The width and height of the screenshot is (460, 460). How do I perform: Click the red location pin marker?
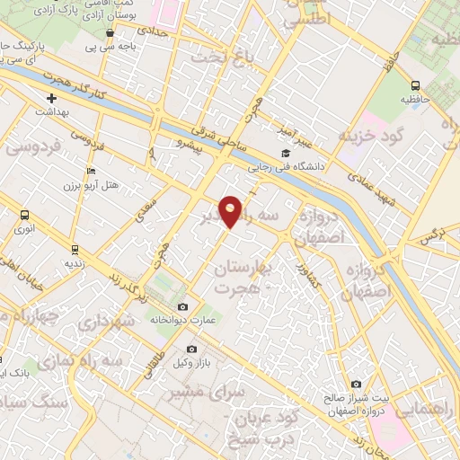(231, 211)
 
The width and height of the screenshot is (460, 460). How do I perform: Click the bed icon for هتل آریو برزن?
(90, 170)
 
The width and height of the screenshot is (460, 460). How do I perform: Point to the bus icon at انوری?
(24, 216)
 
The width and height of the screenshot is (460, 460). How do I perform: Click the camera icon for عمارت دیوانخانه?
(183, 307)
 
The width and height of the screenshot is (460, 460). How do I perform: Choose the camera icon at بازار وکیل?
(190, 349)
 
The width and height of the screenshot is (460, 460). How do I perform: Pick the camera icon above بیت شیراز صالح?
(357, 385)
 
